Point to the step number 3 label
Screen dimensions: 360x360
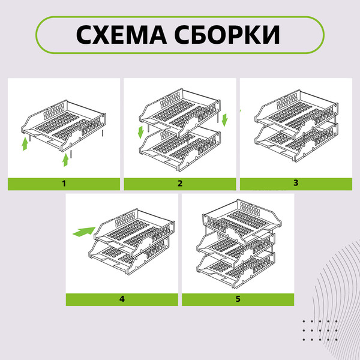pos(296,183)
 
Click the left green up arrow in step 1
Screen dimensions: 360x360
pos(25,143)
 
